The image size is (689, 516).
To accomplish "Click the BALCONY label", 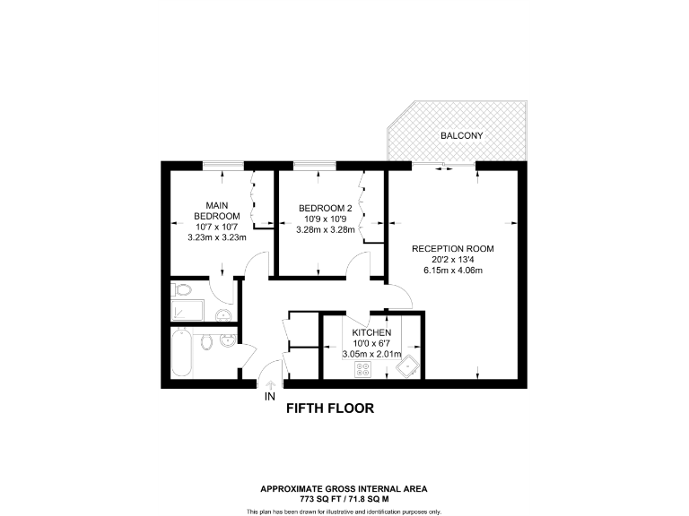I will [x=461, y=136].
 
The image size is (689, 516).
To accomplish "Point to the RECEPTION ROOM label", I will [x=452, y=248].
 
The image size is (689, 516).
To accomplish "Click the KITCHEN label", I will [x=371, y=332].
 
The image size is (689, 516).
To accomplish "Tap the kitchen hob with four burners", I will [x=363, y=368].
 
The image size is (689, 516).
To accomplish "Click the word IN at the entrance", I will [x=270, y=394].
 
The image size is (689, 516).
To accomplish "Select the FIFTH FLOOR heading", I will [x=328, y=408].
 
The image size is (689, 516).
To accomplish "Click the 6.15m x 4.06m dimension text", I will [x=452, y=271].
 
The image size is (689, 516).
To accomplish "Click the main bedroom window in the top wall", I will [x=222, y=164].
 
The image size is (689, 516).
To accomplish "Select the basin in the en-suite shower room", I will [x=223, y=314].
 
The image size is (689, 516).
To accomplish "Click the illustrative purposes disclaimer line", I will [x=344, y=511].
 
